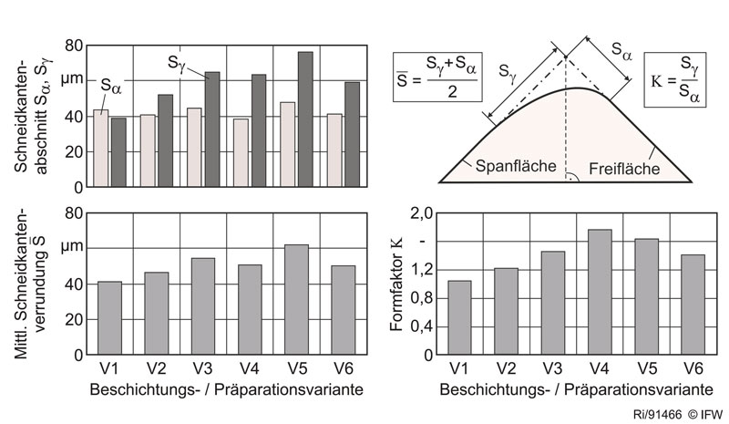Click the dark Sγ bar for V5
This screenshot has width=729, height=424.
pos(305,119)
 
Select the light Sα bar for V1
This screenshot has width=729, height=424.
pos(101,149)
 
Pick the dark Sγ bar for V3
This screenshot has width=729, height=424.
pos(211,129)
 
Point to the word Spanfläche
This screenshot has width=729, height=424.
pos(503,166)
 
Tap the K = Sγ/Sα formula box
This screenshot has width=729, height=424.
pos(675,71)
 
